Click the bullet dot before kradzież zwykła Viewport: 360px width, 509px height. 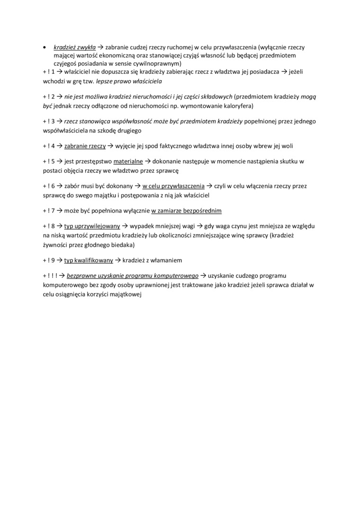tap(44, 48)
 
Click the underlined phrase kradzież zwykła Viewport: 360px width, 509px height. tap(75, 48)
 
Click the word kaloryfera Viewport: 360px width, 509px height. tap(235, 105)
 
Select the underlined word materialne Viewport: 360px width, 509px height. tap(128, 162)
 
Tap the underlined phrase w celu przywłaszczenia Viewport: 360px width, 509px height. tap(173, 186)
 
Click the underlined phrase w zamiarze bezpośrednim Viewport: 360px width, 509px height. tap(186, 211)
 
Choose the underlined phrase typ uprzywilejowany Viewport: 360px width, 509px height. tap(92, 226)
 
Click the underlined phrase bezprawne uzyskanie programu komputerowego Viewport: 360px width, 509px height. tap(133, 276)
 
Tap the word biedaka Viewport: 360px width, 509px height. tap(122, 244)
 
